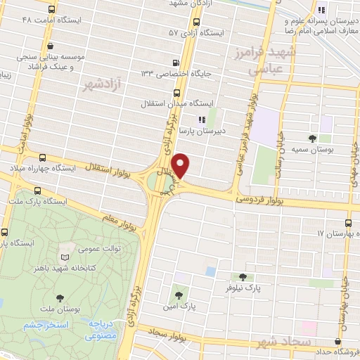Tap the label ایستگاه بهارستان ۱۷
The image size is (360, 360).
pyautogui.click(x=337, y=233)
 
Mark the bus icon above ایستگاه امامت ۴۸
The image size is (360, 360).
pyautogui.click(x=51, y=10)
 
